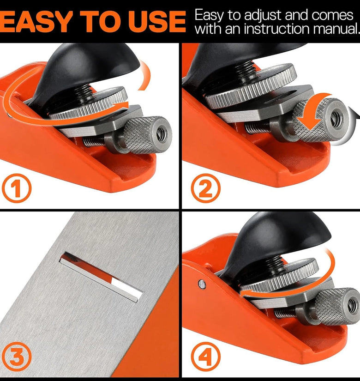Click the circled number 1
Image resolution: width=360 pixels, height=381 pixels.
pyautogui.click(x=17, y=188)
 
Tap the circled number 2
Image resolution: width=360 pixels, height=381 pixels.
pyautogui.click(x=205, y=188)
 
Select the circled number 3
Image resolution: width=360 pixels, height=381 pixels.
pyautogui.click(x=17, y=357)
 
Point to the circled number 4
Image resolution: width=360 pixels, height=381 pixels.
pyautogui.click(x=205, y=357)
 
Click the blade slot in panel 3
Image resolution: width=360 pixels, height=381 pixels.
pyautogui.click(x=101, y=277)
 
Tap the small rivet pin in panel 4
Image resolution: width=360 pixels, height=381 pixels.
pyautogui.click(x=202, y=284)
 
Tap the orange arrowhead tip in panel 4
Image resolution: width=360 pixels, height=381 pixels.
pyautogui.click(x=241, y=295)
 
